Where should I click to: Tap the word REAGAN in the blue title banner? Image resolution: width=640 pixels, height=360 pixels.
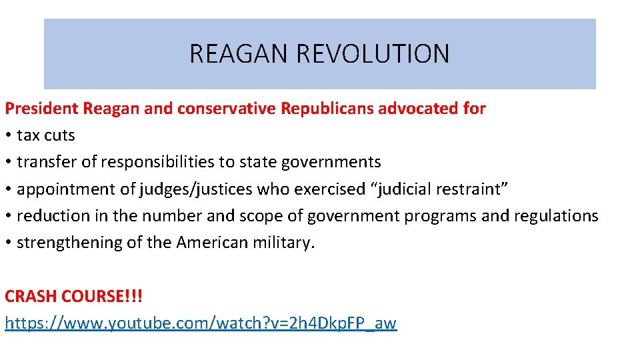(x=237, y=53)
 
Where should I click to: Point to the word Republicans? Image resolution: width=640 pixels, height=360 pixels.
(x=327, y=108)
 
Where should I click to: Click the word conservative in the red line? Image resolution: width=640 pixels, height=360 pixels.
(x=227, y=108)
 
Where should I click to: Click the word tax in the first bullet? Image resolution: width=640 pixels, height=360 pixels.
(x=28, y=135)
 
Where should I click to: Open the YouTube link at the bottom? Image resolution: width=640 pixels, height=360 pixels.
(x=200, y=323)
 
